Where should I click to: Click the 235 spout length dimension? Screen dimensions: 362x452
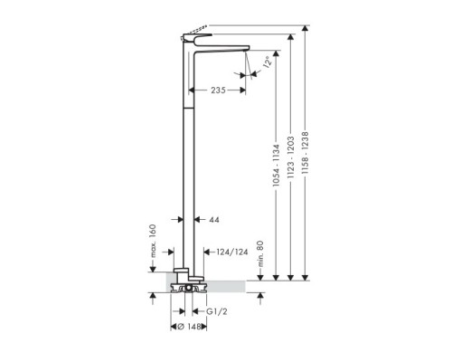219,90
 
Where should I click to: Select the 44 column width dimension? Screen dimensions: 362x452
213,219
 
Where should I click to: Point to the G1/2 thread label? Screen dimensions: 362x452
216,310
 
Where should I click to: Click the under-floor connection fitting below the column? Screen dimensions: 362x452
187,290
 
